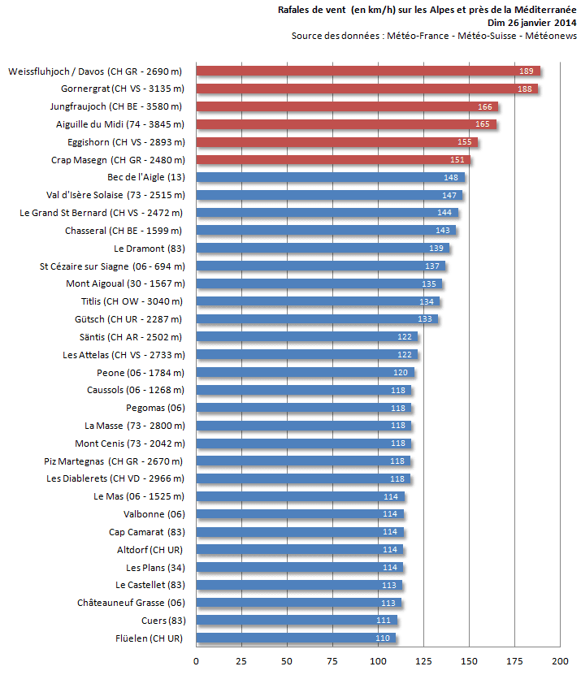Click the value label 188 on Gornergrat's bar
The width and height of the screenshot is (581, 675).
click(525, 89)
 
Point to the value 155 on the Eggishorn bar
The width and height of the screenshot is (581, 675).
click(465, 142)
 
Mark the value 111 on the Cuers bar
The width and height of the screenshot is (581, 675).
click(384, 621)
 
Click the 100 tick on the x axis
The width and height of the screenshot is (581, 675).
click(378, 661)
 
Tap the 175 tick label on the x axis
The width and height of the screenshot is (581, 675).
click(514, 661)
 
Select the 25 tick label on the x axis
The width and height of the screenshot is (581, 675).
click(241, 661)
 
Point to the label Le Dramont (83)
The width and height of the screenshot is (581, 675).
click(149, 248)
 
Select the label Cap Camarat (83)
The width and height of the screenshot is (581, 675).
click(146, 531)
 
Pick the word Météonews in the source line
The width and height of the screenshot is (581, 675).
click(551, 36)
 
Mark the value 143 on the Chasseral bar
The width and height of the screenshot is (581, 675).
click(443, 231)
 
